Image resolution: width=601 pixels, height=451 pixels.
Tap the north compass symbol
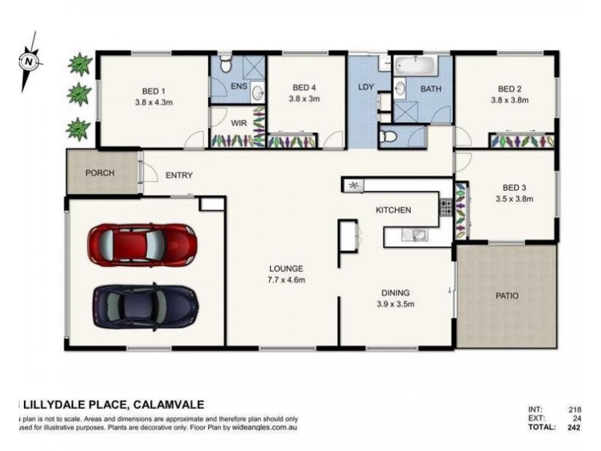(x=28, y=59)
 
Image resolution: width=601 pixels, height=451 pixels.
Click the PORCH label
(x=100, y=173)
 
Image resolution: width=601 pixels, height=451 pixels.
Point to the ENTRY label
(x=179, y=176)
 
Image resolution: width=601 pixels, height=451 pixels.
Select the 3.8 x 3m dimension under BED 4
(x=307, y=98)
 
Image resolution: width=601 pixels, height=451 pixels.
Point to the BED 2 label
(x=509, y=88)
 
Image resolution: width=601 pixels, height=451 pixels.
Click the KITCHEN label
(x=393, y=210)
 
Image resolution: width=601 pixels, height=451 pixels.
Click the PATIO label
(x=508, y=295)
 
